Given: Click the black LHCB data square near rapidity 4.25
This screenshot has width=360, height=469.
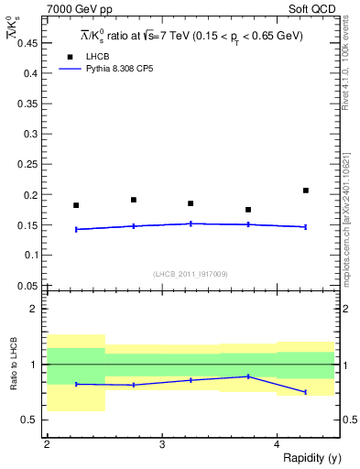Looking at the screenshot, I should [306, 191].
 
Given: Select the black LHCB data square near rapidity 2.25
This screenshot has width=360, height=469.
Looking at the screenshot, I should [76, 205].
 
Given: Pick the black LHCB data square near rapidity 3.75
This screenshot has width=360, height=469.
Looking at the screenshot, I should [248, 210].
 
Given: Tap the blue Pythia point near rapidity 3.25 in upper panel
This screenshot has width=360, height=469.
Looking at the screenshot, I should [191, 224].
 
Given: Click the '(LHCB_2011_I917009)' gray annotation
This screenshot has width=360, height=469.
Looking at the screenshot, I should [191, 274].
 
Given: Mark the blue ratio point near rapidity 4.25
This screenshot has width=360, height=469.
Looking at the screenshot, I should [306, 392].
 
